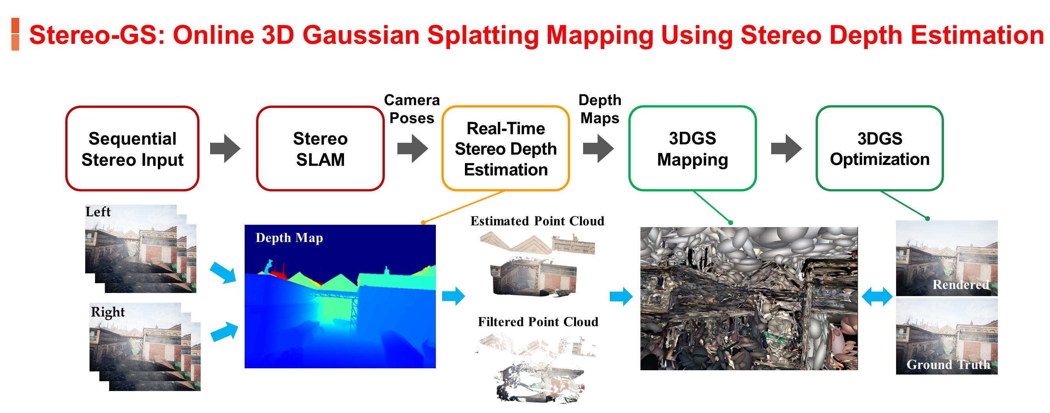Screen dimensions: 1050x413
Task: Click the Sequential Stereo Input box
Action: pyautogui.click(x=132, y=149)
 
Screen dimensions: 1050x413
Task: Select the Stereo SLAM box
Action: pyautogui.click(x=320, y=149)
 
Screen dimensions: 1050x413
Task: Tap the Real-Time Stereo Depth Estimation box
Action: pyautogui.click(x=505, y=149)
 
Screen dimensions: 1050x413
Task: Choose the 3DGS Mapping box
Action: pyautogui.click(x=692, y=149)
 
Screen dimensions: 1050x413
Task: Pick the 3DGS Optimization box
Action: pyautogui.click(x=879, y=149)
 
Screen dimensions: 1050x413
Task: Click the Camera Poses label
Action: pyautogui.click(x=412, y=109)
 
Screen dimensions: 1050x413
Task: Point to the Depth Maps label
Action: pyautogui.click(x=600, y=109)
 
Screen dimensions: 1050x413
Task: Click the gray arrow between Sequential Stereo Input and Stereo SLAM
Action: pyautogui.click(x=225, y=149)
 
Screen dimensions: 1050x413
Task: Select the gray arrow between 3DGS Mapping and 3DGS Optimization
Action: pyautogui.click(x=786, y=149)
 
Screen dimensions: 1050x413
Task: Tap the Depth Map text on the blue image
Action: pyautogui.click(x=289, y=238)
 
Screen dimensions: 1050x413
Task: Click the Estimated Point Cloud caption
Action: pyautogui.click(x=537, y=221)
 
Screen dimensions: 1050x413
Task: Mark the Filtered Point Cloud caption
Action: pyautogui.click(x=538, y=322)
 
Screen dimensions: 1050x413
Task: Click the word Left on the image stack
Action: pyautogui.click(x=98, y=212)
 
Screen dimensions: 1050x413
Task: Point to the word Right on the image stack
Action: pyautogui.click(x=108, y=312)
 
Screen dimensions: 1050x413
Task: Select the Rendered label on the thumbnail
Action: pyautogui.click(x=961, y=285)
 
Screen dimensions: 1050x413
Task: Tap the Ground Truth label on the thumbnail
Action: pyautogui.click(x=948, y=364)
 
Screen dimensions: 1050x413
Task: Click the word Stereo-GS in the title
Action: pyautogui.click(x=93, y=35)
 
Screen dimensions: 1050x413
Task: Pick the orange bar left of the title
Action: pyautogui.click(x=15, y=34)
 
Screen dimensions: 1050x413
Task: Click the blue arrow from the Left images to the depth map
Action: pyautogui.click(x=223, y=273)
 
